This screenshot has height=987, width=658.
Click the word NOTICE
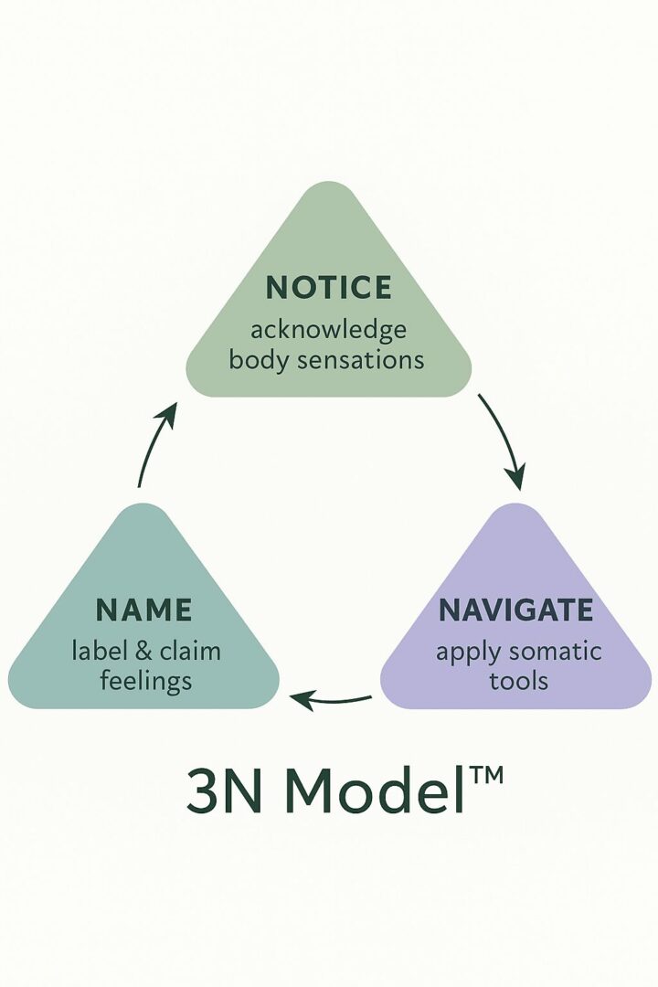[x=328, y=288]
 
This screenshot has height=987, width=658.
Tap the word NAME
[x=143, y=610]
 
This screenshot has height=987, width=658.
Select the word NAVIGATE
[x=515, y=610]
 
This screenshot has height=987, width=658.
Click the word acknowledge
[x=328, y=328]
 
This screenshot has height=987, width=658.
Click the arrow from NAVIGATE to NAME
[x=331, y=701]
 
